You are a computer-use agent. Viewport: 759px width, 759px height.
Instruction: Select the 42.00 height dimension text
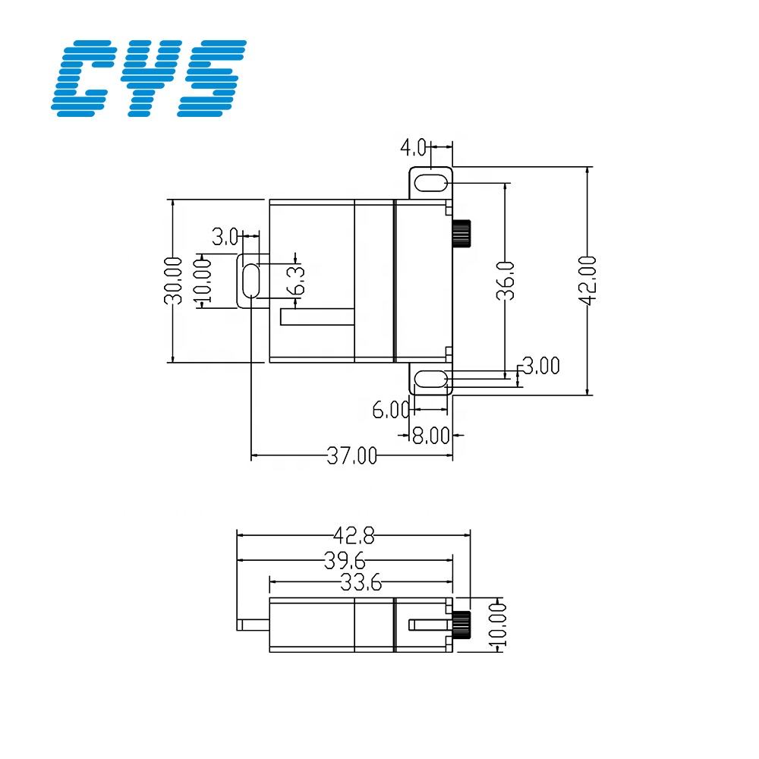587,280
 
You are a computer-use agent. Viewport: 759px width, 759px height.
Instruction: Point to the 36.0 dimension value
506,280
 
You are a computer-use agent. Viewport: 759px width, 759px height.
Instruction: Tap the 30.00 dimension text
175,280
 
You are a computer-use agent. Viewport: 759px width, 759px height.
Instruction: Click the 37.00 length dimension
351,456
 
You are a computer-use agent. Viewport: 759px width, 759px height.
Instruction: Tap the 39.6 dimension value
345,561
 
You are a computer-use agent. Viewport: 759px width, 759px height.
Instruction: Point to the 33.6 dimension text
361,583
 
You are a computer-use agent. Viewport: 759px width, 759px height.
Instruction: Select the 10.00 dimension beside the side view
499,624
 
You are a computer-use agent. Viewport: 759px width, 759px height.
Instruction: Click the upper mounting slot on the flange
430,183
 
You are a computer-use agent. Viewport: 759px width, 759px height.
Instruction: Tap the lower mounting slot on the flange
430,378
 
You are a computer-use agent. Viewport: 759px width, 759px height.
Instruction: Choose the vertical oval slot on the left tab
250,281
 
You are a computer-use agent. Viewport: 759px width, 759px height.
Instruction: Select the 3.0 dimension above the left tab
225,237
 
